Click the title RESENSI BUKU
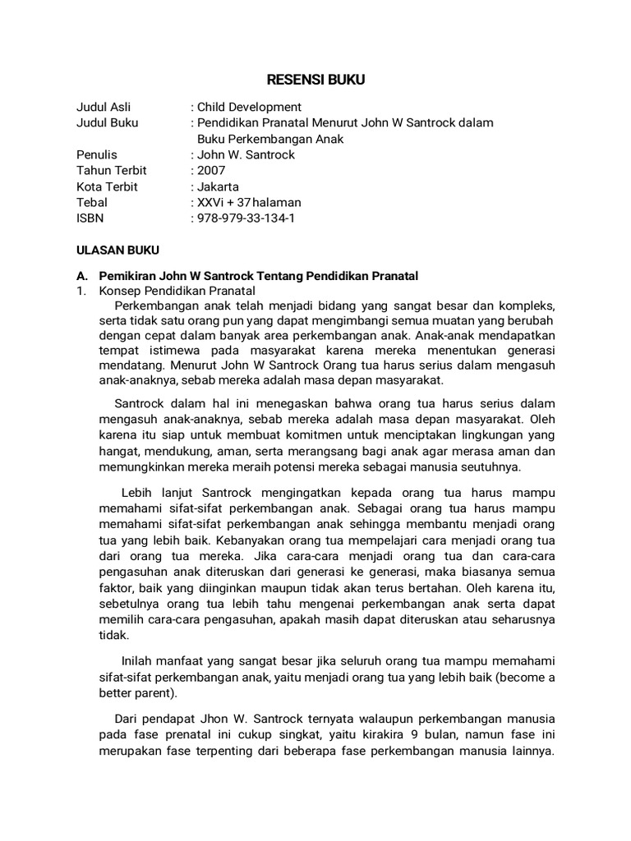pos(315,80)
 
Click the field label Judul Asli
pos(104,107)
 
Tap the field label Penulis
pos(97,154)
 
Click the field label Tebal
pos(92,202)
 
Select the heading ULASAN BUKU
pos(117,250)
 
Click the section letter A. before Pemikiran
pos(82,275)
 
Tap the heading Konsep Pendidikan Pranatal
pos(177,291)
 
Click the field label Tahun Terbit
pos(112,171)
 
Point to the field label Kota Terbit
pos(107,186)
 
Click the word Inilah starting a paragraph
pos(140,661)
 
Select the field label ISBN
pos(90,218)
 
